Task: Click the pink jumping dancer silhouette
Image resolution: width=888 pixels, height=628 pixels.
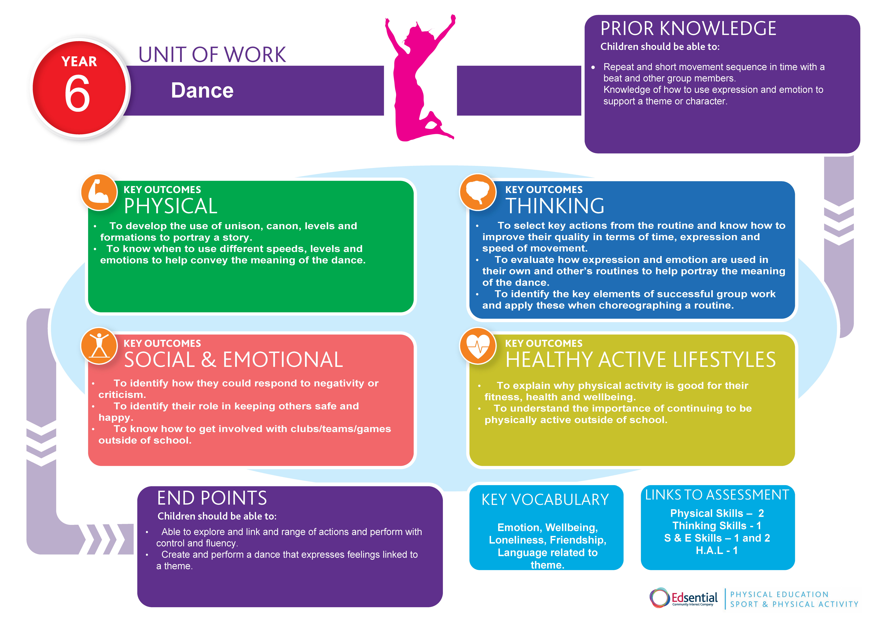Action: pyautogui.click(x=416, y=77)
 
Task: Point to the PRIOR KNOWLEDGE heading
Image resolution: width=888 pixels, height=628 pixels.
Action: pyautogui.click(x=688, y=29)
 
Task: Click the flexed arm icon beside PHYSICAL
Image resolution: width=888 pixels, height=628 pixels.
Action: pyautogui.click(x=99, y=192)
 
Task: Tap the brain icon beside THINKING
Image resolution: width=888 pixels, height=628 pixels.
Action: pyautogui.click(x=478, y=192)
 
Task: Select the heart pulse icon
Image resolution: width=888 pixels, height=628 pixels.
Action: pyautogui.click(x=478, y=346)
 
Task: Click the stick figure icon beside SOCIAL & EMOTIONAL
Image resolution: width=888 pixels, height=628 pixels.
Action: pyautogui.click(x=99, y=346)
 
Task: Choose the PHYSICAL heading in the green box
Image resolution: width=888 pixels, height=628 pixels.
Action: pyautogui.click(x=171, y=206)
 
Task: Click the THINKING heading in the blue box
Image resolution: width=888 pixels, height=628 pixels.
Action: pyautogui.click(x=555, y=206)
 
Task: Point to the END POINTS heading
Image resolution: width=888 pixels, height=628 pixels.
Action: pyautogui.click(x=212, y=498)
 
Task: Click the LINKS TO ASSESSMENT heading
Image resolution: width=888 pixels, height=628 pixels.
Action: pyautogui.click(x=717, y=495)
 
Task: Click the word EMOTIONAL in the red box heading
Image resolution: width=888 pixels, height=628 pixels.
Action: pyautogui.click(x=283, y=360)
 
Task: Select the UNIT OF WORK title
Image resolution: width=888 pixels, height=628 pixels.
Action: pyautogui.click(x=212, y=55)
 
